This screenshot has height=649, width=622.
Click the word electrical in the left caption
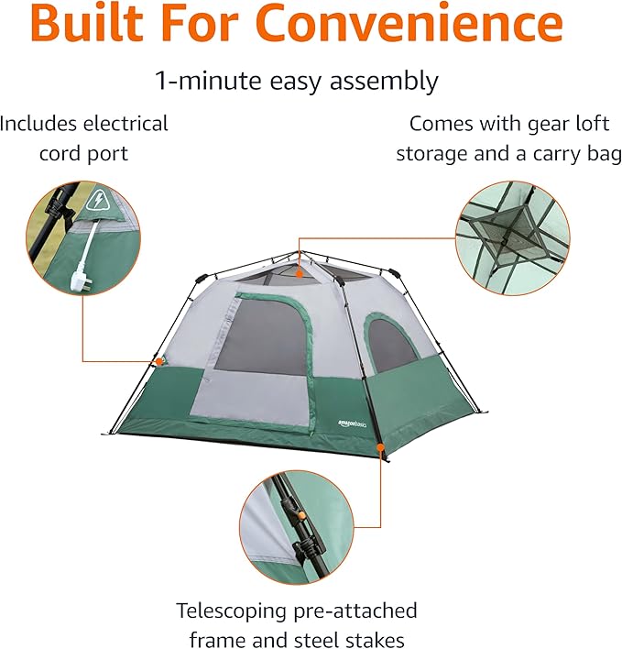pos(120,124)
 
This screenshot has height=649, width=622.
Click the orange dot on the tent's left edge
pos(158,362)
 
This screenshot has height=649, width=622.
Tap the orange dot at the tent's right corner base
pos(380,449)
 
